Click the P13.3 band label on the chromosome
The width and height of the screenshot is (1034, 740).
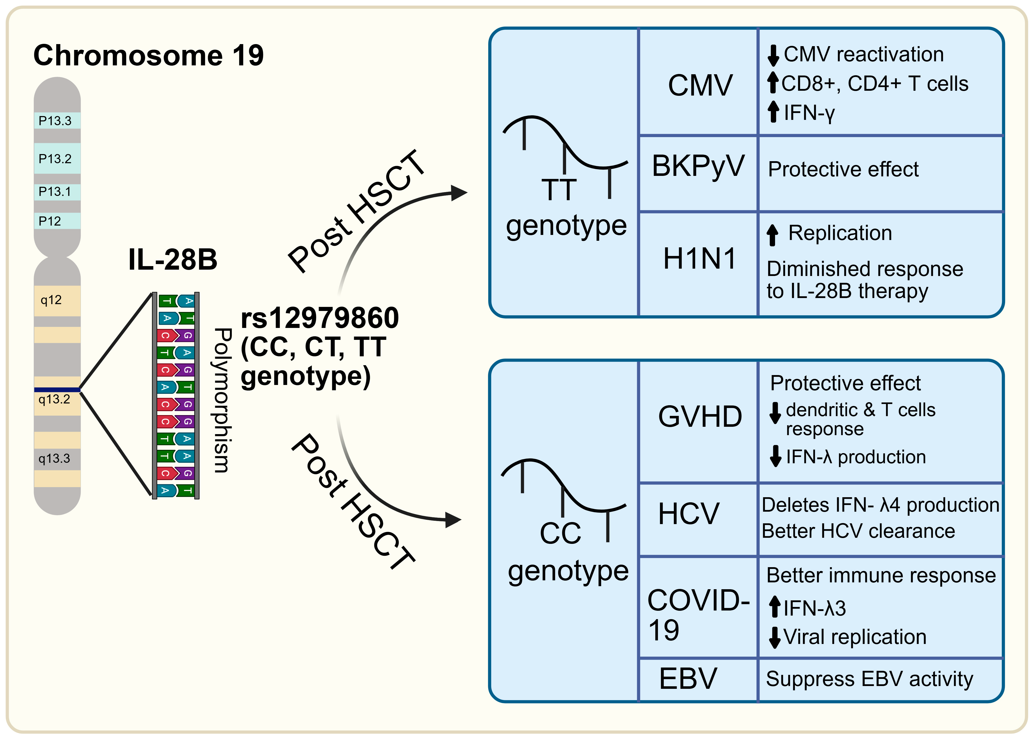point(55,121)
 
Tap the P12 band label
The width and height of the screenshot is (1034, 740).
point(50,221)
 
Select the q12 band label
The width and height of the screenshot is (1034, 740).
point(51,300)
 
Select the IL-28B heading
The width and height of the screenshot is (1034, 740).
point(173,260)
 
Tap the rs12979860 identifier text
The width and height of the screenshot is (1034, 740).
point(320,318)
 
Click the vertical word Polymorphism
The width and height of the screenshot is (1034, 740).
point(222,400)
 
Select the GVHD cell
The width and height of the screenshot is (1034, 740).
point(700,416)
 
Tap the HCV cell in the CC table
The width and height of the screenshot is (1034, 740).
point(688,514)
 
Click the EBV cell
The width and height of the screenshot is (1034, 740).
point(688,679)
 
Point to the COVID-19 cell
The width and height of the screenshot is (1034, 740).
point(697,615)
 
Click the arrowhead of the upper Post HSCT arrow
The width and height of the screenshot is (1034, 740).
point(459,193)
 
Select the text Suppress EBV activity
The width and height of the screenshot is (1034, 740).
point(869,679)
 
